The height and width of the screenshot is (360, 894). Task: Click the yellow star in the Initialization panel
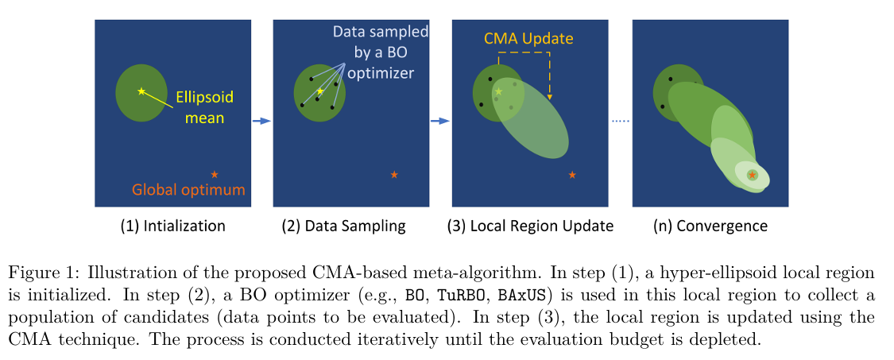point(141,91)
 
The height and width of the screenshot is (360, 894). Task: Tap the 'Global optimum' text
point(188,190)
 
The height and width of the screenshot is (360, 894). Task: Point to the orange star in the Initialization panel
point(215,174)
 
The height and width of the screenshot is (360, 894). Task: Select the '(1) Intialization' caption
point(172,226)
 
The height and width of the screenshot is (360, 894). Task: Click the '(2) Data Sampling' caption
point(343,226)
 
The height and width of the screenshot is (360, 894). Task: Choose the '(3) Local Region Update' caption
point(531,226)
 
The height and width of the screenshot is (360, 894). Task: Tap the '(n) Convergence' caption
point(710,226)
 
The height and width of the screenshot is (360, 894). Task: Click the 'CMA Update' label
point(529,38)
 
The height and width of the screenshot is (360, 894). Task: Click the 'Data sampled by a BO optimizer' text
point(380,52)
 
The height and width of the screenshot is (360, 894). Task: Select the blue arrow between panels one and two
point(261,121)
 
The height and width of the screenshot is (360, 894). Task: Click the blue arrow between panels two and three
point(439,121)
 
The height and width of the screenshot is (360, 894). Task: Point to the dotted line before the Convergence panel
point(621,121)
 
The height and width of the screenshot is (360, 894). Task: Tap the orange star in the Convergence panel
point(753,175)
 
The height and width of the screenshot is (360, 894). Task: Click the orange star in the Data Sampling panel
point(394,174)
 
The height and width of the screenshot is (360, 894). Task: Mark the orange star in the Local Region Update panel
point(573,174)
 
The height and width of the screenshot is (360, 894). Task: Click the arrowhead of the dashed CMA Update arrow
point(550,98)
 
